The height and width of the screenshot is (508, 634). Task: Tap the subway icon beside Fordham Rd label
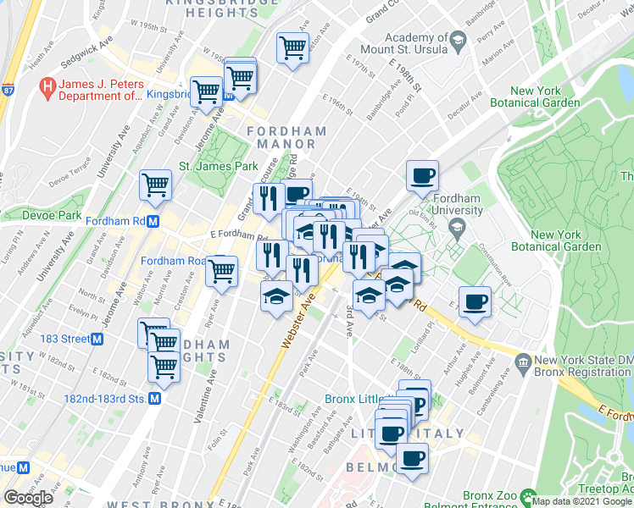(x=153, y=222)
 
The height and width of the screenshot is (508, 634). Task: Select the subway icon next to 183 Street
(x=97, y=339)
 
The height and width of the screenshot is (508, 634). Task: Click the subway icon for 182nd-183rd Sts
(x=155, y=398)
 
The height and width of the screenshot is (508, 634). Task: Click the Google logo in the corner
(x=27, y=497)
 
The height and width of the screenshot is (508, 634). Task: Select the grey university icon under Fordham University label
(x=458, y=226)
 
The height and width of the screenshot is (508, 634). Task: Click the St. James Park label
(x=217, y=167)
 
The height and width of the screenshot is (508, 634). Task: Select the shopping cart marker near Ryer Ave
(x=222, y=271)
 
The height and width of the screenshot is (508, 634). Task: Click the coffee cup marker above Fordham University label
(x=422, y=176)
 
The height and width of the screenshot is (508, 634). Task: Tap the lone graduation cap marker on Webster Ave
(x=277, y=296)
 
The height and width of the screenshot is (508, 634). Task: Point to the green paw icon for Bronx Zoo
(x=531, y=494)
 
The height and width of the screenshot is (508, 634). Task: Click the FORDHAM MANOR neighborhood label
(x=286, y=138)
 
